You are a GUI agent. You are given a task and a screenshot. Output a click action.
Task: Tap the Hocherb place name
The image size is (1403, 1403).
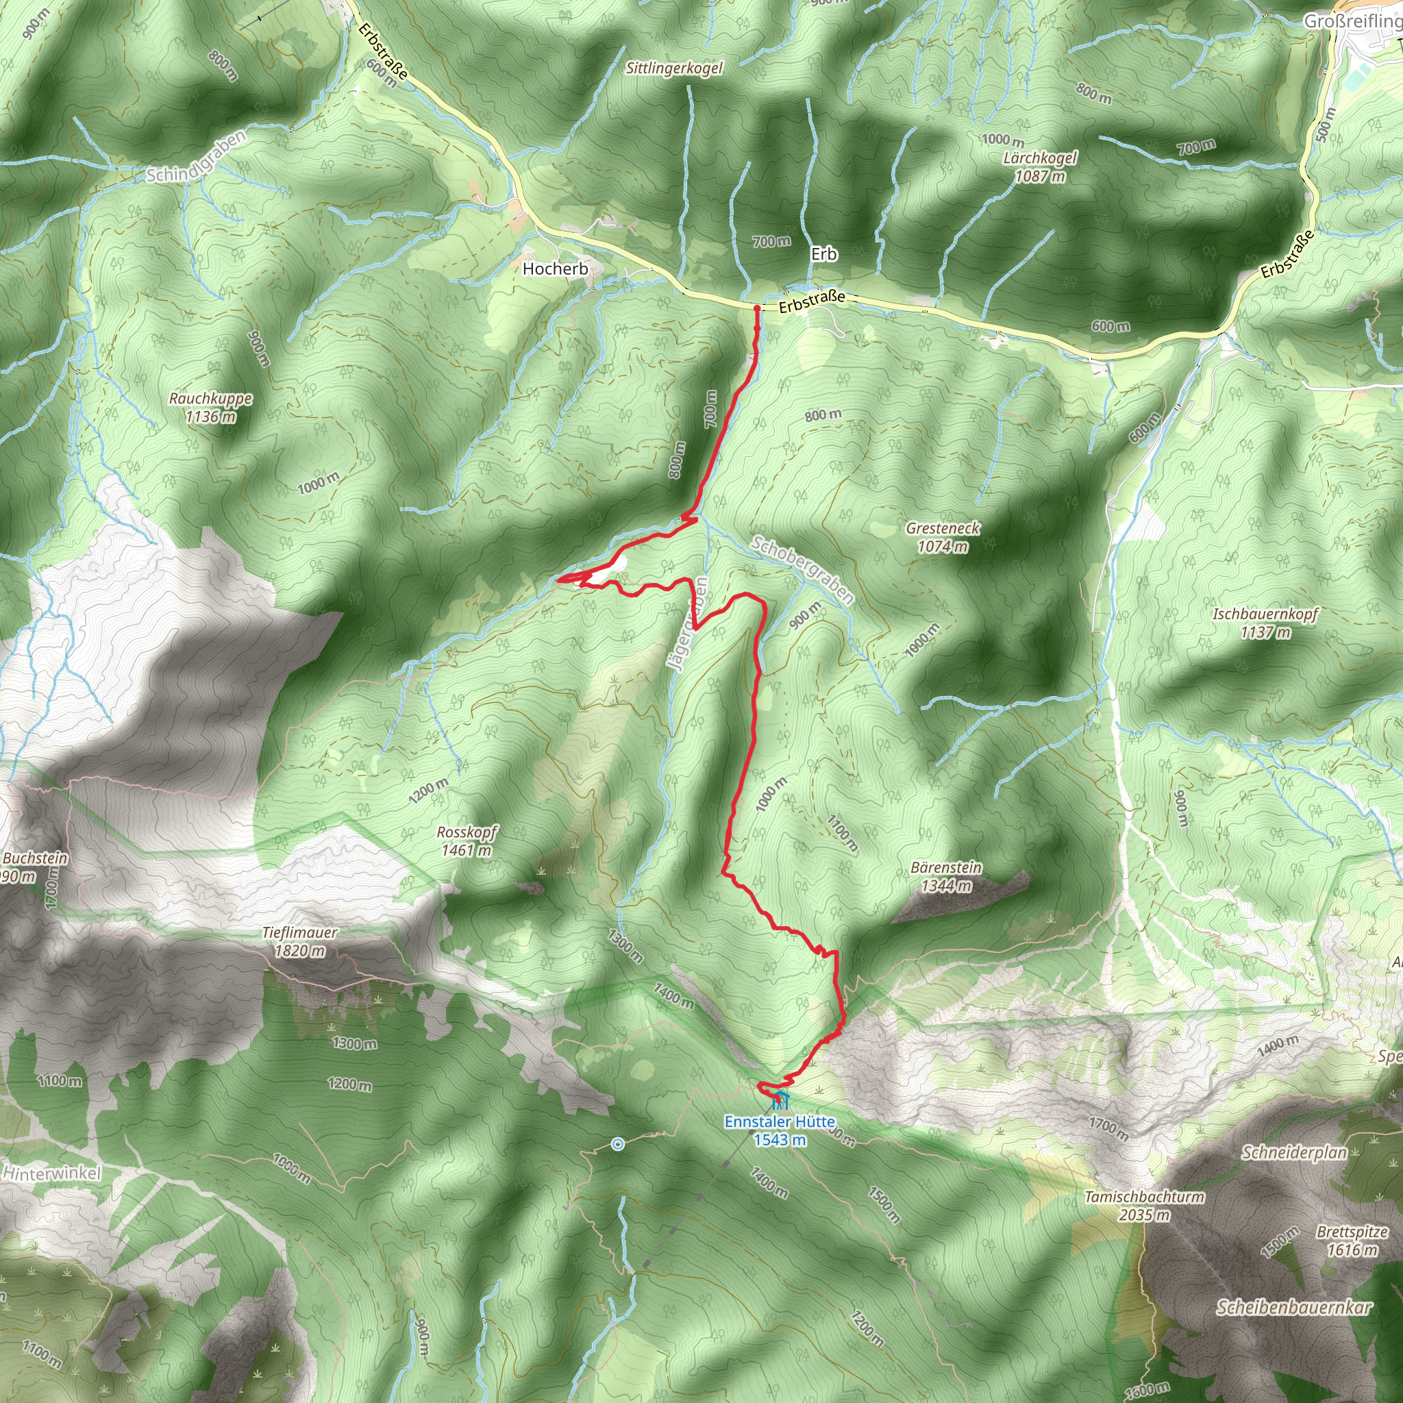tap(555, 269)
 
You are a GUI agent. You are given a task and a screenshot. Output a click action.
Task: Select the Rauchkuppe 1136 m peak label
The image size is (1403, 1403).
tap(210, 408)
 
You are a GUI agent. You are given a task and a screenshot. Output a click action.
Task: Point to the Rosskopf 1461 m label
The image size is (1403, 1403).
tap(467, 841)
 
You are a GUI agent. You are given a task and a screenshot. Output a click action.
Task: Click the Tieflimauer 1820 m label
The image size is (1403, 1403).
tap(300, 941)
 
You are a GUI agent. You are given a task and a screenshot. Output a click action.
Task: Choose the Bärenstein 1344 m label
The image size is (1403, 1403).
tap(945, 876)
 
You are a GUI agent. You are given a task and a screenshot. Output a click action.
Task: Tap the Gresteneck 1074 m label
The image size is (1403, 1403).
tap(943, 537)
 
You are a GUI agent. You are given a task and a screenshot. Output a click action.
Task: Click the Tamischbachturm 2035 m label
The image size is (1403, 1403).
tap(1145, 1206)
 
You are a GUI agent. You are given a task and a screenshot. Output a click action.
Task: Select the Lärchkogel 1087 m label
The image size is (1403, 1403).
tap(1040, 166)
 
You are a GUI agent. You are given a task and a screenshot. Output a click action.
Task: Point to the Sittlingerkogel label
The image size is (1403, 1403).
tap(675, 69)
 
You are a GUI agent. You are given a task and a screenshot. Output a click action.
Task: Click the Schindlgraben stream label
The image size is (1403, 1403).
tap(197, 156)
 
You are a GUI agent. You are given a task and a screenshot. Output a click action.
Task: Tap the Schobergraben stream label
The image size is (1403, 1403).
tap(802, 570)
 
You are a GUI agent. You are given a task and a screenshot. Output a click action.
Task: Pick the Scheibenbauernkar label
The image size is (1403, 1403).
tap(1294, 1307)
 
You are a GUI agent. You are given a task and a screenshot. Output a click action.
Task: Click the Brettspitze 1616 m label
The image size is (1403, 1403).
tap(1352, 1241)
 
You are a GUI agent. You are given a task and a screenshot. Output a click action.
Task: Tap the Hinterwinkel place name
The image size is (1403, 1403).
tap(51, 1173)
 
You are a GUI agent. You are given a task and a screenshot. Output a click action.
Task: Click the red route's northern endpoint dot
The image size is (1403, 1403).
tap(757, 309)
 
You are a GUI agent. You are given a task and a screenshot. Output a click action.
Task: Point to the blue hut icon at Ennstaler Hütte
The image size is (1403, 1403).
tap(780, 1097)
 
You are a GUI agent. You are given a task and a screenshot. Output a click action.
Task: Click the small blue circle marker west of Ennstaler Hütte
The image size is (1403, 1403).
tap(617, 1145)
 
